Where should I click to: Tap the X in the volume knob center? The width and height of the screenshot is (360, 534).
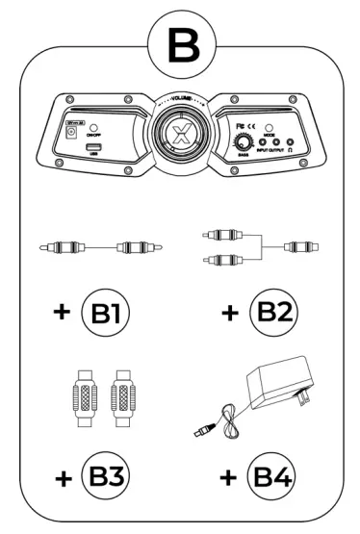(180, 131)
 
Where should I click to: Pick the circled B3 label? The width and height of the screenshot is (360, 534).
(105, 475)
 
